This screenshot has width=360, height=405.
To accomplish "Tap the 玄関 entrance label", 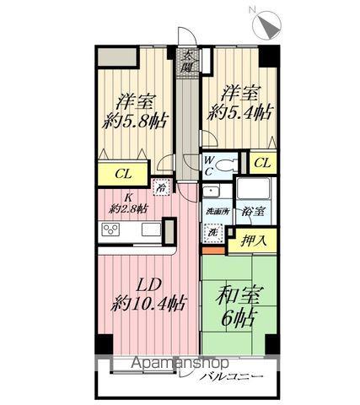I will [x=190, y=62].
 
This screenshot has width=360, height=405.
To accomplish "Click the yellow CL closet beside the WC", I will [x=261, y=163].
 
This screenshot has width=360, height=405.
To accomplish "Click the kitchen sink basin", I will [x=151, y=229].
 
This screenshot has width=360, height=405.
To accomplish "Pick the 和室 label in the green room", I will [x=239, y=296].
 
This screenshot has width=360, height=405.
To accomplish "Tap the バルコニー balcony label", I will [x=231, y=375].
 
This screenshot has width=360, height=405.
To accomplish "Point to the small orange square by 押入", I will [x=215, y=249].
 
